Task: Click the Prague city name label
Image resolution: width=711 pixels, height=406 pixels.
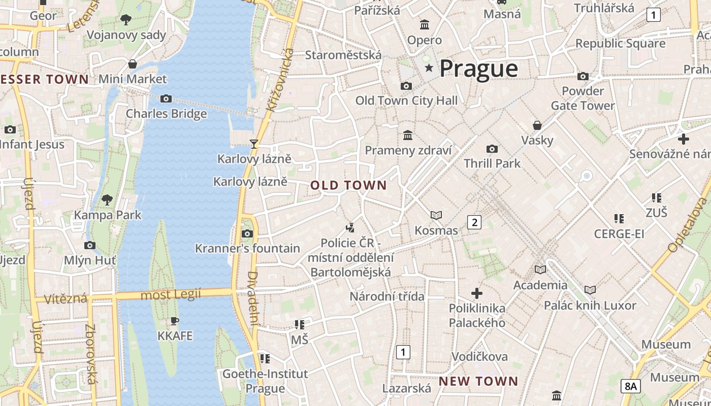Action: (x=478, y=69)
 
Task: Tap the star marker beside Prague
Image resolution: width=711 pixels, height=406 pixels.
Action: (x=429, y=68)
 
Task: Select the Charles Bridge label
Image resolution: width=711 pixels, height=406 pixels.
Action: (x=166, y=113)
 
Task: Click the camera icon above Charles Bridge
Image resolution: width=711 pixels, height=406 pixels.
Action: (x=166, y=98)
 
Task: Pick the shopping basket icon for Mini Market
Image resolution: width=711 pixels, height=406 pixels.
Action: (x=133, y=64)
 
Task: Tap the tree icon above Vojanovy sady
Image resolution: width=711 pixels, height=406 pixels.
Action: (x=126, y=20)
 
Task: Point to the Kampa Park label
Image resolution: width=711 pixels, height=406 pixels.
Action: (x=108, y=215)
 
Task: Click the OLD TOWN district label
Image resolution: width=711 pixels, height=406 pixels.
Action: (x=348, y=185)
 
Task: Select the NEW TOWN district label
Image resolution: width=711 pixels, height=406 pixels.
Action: (x=478, y=381)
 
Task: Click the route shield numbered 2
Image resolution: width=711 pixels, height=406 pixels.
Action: (x=474, y=222)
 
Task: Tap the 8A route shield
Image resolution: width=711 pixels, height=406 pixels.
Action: (x=630, y=386)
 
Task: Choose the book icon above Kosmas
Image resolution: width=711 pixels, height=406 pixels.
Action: (x=436, y=215)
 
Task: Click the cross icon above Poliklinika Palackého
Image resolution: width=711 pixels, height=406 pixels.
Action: (x=476, y=293)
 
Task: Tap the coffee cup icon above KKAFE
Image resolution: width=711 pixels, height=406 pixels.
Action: (x=175, y=321)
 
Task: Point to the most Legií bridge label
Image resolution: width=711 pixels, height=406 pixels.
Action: (x=171, y=294)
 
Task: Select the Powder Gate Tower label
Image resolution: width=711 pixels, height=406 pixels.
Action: (x=583, y=98)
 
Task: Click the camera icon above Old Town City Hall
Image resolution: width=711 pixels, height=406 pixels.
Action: (x=406, y=86)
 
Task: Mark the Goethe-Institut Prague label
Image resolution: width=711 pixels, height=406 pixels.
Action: (x=265, y=381)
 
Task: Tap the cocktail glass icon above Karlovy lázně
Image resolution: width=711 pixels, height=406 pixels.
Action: (x=254, y=144)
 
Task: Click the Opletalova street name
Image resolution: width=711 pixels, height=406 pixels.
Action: (x=688, y=225)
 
